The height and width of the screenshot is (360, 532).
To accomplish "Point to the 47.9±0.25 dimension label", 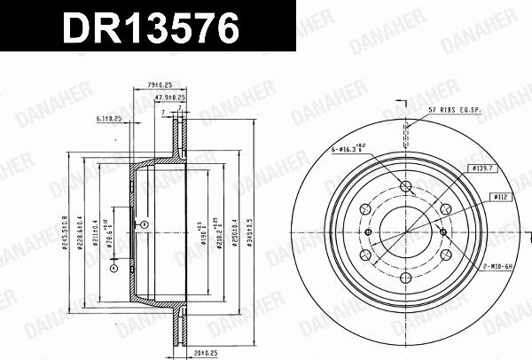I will [x=169, y=98].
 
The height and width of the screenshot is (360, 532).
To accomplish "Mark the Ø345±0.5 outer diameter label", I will [x=256, y=232].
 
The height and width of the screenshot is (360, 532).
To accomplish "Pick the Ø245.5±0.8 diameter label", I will [x=65, y=232].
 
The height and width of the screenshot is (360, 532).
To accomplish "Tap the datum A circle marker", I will [x=113, y=266].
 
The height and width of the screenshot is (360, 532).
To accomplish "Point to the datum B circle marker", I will [x=141, y=225].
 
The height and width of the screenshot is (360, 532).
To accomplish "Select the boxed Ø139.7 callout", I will [x=483, y=167].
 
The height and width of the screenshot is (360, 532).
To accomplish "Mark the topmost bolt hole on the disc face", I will [x=407, y=186].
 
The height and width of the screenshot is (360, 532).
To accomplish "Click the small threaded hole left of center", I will [x=367, y=231].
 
